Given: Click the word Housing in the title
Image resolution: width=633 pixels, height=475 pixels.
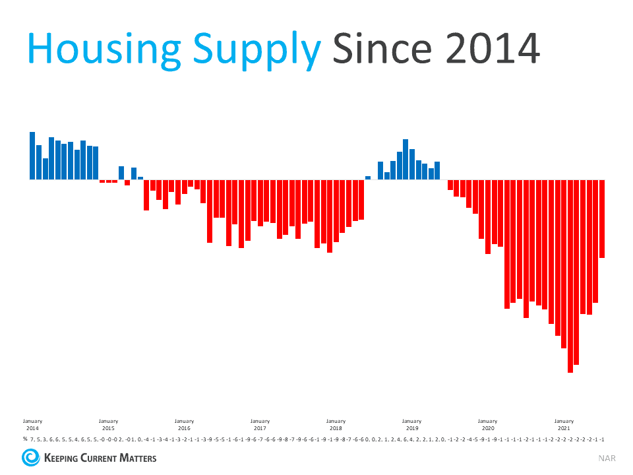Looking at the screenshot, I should coord(93,48).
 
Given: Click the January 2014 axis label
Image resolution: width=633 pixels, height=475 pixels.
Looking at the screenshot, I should coord(32,424).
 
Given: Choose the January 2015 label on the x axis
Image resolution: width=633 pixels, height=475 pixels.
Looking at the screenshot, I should coord(108,424).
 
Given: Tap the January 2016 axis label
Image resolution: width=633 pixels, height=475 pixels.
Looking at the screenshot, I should coord(184,424).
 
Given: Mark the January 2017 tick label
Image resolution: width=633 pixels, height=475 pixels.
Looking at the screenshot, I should coord(260,424).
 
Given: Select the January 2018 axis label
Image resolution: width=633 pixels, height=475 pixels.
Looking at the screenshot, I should coord(336,424).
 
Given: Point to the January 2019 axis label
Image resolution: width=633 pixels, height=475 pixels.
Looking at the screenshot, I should coord(411,424).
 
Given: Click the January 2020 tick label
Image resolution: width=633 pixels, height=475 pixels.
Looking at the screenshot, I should coord(487,424).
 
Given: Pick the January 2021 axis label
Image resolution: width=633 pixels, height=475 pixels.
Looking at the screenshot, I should coord(564,424).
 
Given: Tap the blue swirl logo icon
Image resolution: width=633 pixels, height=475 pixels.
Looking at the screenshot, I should coord(30,457).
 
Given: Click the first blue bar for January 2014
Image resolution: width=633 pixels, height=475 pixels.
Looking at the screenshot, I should coord(32,156).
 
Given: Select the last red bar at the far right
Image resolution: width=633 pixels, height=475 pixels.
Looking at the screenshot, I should coord(602,218).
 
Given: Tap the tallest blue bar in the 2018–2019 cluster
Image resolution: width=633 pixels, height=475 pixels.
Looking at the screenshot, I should coord(406,159).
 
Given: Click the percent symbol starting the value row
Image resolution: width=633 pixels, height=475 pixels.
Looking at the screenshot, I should coord(24,439).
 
